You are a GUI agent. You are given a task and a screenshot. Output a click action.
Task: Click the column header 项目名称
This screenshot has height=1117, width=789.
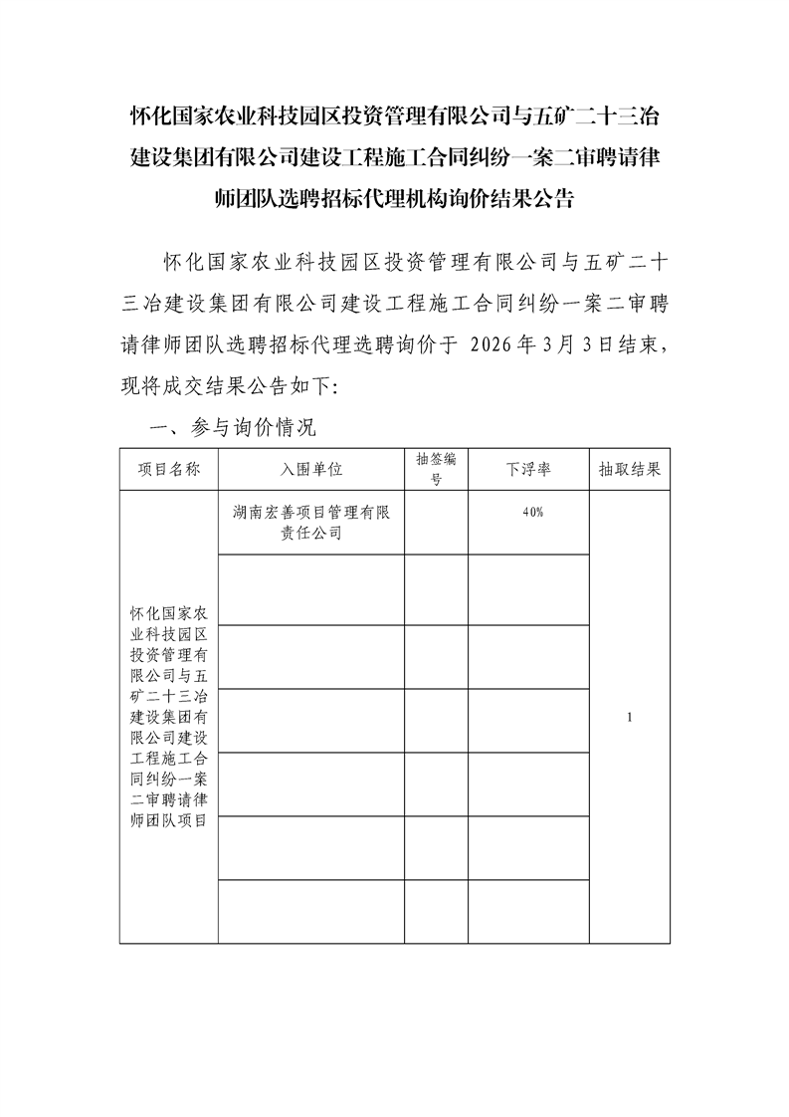coord(168,470)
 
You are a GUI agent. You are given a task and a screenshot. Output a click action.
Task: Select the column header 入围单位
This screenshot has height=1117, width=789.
coord(310,470)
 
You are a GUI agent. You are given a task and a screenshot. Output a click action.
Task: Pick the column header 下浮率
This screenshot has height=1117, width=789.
coord(529,470)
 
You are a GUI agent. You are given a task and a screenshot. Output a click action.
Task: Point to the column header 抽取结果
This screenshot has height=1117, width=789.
coord(629,470)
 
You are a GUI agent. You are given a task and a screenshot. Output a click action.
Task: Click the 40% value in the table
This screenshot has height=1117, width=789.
coord(532,512)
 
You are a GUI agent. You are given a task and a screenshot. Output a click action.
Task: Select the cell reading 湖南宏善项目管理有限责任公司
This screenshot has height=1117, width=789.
coord(310,523)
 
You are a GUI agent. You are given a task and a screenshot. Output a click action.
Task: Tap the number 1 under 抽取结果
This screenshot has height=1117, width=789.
coord(630,717)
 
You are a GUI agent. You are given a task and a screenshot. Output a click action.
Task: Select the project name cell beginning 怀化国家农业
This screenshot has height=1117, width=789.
coord(168,716)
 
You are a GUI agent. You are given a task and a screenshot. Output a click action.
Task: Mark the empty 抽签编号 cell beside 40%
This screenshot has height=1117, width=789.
coord(436,523)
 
